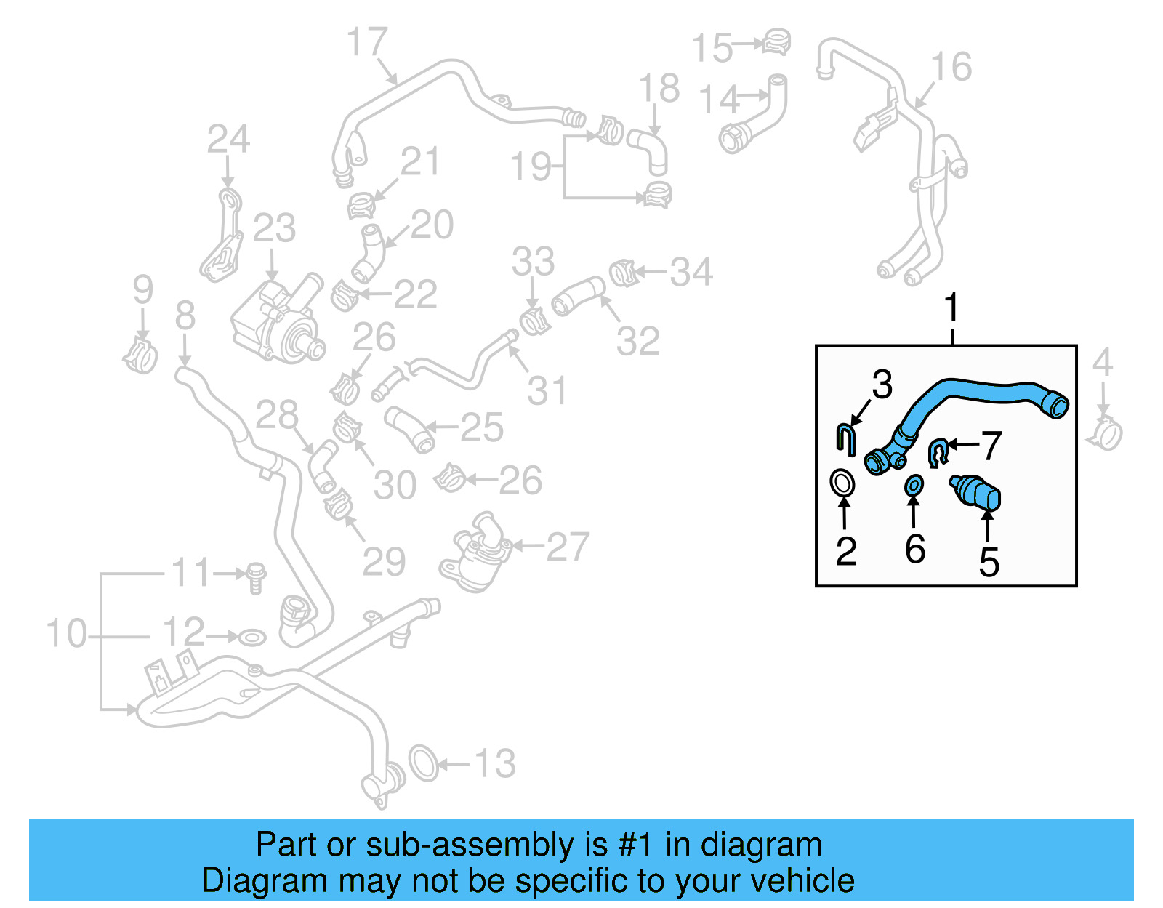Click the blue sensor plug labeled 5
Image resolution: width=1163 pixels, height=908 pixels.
[977, 493]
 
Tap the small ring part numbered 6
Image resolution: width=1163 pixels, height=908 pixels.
[914, 485]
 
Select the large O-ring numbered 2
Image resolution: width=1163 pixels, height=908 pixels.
[842, 483]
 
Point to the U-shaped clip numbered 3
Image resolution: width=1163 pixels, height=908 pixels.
[845, 441]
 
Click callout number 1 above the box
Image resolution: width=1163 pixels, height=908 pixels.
[951, 308]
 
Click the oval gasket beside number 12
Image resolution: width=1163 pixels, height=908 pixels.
[252, 638]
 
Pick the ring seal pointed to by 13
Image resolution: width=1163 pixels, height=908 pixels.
[424, 763]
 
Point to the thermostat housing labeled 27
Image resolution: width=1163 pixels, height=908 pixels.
[476, 556]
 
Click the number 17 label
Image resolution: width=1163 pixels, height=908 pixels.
[367, 41]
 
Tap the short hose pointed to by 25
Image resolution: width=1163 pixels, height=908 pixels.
[409, 429]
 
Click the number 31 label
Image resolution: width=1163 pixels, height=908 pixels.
[547, 390]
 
